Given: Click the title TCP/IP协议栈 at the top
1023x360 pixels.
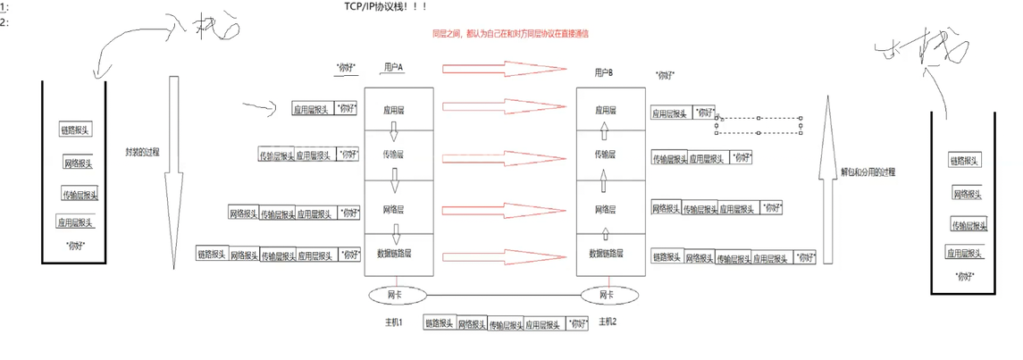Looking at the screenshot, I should [387, 7].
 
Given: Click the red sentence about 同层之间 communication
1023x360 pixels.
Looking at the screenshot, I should [509, 33].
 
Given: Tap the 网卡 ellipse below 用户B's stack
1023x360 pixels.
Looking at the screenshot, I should [607, 294].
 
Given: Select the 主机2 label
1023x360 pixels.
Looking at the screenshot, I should [608, 321].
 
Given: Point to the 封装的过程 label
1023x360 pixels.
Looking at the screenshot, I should [143, 153].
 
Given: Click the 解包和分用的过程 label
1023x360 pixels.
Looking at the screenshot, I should [868, 171].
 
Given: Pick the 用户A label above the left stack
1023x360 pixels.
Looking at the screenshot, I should [394, 67].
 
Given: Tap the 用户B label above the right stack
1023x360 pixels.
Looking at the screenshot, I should [604, 72].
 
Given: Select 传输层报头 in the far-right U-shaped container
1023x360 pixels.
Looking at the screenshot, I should [968, 225].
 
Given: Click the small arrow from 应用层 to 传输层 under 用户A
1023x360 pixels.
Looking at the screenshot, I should [393, 135].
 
